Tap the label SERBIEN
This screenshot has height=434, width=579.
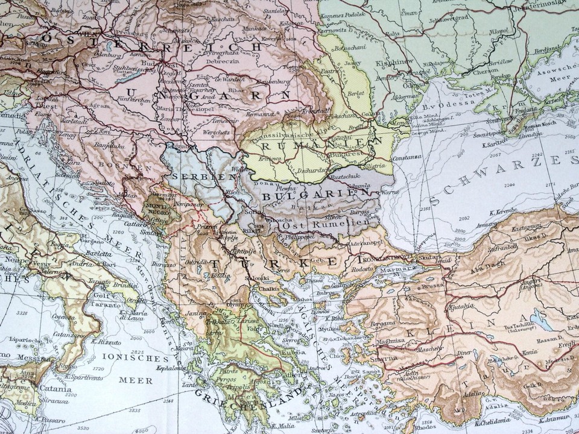tap(194, 177)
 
